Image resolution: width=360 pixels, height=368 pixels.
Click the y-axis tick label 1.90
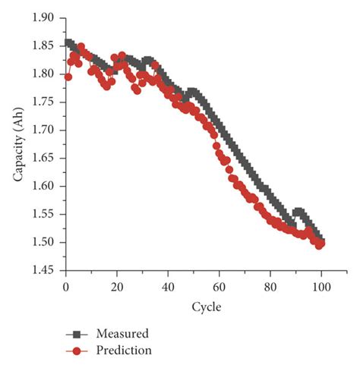[45, 17]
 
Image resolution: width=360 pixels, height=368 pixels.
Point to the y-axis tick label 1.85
[45, 46]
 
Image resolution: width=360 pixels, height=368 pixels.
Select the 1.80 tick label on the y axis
[45, 74]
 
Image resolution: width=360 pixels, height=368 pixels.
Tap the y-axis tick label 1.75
[45, 102]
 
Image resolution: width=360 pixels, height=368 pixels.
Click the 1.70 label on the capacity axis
[45, 130]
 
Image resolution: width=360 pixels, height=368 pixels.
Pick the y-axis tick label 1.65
[45, 158]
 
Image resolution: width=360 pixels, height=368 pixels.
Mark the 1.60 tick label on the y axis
[45, 186]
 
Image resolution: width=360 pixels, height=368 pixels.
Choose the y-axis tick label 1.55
[45, 214]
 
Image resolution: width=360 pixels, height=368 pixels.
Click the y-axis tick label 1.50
[45, 242]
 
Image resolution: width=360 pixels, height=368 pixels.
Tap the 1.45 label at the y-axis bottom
[45, 270]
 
